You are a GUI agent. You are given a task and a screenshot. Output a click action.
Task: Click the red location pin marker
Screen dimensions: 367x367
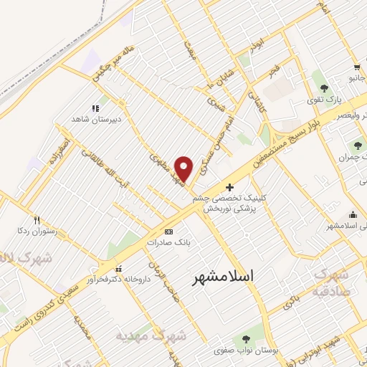[x=184, y=168]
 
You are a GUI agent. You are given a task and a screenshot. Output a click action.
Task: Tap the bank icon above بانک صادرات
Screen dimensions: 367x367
[x=168, y=232]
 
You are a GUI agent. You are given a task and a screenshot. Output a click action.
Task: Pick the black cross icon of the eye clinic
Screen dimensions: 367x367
[x=229, y=187]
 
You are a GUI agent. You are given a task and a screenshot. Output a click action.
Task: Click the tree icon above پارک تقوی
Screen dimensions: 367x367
[x=325, y=88]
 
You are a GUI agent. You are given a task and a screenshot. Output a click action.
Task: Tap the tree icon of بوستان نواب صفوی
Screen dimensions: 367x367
[x=247, y=338]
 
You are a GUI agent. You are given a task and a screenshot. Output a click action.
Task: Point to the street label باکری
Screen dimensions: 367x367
[x=292, y=300]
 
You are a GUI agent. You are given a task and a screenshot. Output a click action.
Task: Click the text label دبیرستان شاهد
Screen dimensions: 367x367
[x=93, y=120]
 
